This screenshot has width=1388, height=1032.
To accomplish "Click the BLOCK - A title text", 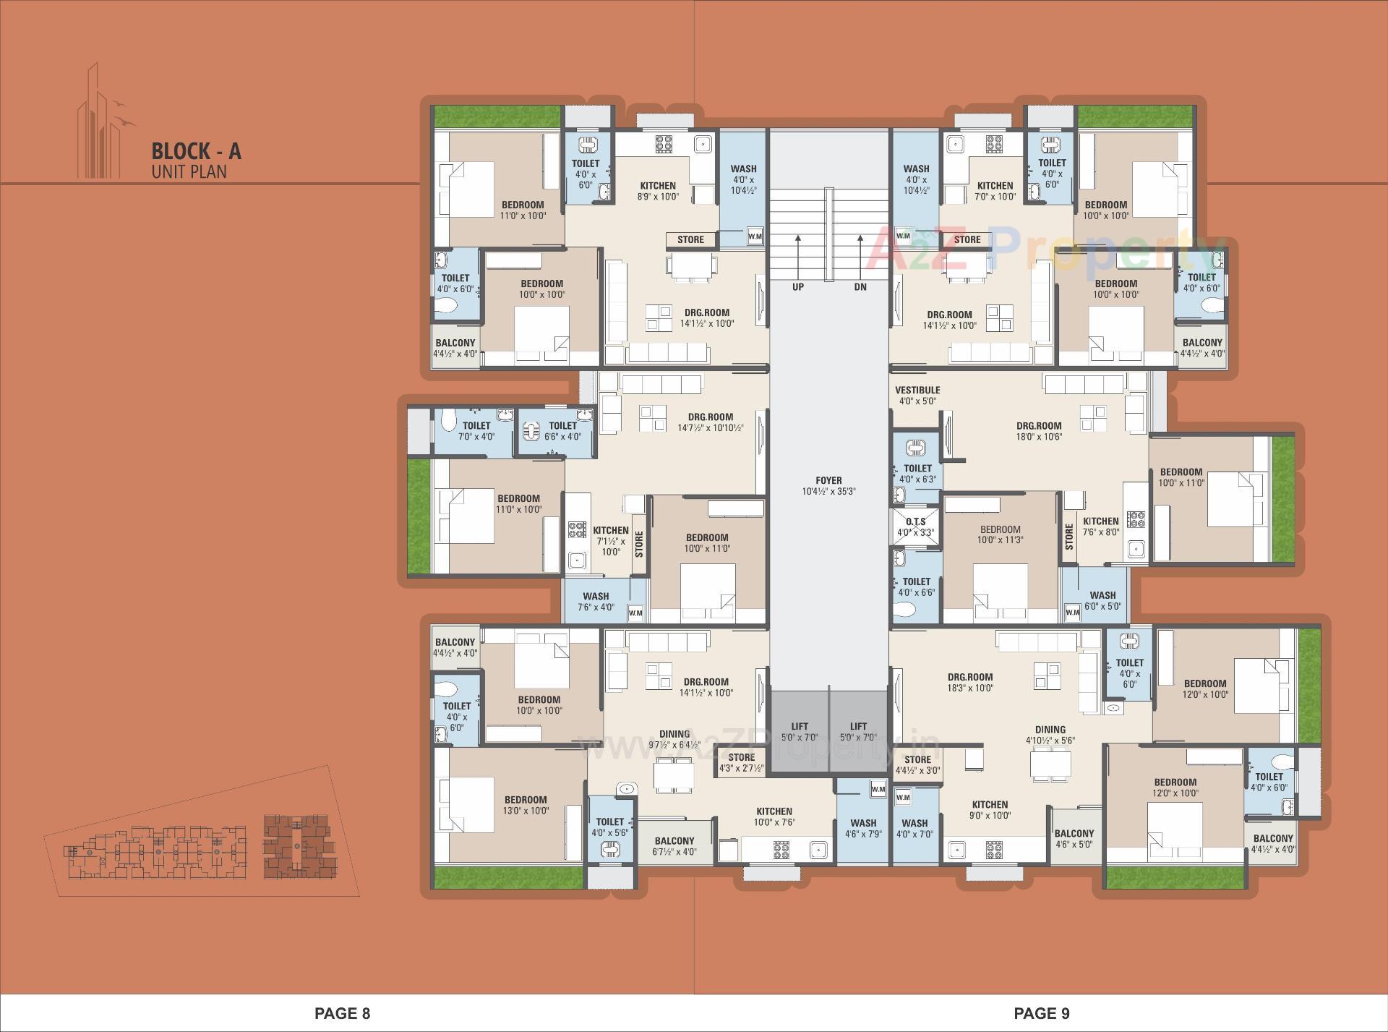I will (196, 151).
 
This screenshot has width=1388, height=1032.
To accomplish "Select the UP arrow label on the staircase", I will (798, 286).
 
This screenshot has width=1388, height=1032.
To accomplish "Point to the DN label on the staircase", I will (860, 286).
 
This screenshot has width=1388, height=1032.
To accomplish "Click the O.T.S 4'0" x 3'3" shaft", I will (915, 527).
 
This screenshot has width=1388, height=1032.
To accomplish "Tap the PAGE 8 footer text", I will (343, 1013).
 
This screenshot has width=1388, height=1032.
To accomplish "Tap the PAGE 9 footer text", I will (1042, 1013).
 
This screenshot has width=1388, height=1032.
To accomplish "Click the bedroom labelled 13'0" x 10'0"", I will (526, 805).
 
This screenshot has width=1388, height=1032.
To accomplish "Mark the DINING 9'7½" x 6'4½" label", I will (674, 738).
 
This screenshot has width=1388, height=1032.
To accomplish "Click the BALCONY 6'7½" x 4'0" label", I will (674, 846).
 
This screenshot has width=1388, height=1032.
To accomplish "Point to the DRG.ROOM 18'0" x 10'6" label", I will (1039, 431).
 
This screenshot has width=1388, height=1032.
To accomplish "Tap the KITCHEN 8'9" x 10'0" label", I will (658, 191).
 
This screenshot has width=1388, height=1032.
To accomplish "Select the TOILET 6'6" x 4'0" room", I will (562, 431).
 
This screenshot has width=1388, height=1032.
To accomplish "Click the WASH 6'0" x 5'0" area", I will (1102, 601).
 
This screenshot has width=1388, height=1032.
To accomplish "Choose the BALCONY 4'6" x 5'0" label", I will (1074, 838).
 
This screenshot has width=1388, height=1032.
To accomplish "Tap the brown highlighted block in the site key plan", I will (299, 847).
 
